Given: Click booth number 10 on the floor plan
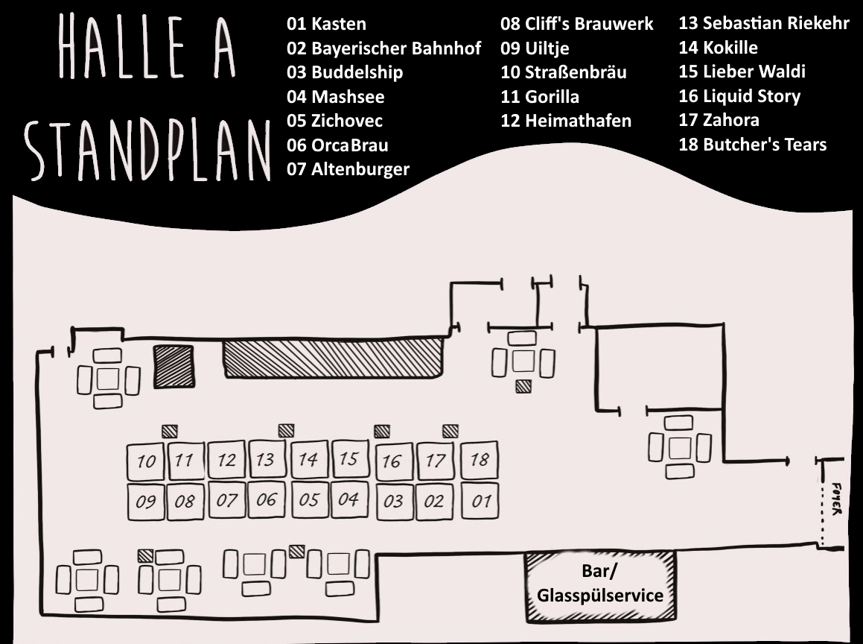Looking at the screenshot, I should pos(146,462).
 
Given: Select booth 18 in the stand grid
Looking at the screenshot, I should pos(480,460).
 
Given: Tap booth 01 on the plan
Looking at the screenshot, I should pos(480,500).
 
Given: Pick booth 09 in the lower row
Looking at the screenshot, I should pos(146,502).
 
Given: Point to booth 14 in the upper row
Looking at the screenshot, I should pos(308,460).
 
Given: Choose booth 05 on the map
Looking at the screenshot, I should pos(308,499).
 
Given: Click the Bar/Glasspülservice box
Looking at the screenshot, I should pos(600,586).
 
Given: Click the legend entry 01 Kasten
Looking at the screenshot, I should pos(326,24).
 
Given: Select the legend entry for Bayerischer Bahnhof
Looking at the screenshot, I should pos(383,48).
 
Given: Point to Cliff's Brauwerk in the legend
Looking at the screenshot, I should pos(576,24).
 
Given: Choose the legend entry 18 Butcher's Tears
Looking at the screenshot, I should pos(752,145).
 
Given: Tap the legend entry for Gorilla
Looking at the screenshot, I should pos(539,96).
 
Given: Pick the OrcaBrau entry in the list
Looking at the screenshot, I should pos(337,145).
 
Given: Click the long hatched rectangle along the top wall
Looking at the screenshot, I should pos(334,358).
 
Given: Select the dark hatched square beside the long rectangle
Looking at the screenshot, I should pos(173,366).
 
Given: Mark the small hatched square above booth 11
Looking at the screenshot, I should pos(170,431).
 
